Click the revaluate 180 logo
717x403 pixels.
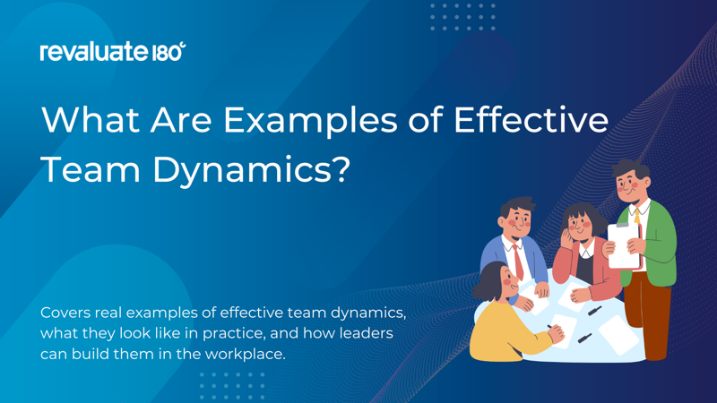point(113,51)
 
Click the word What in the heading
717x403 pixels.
point(91,120)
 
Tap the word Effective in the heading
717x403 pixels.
point(531,120)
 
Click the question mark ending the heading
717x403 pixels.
point(341,169)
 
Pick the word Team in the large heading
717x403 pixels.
point(91,169)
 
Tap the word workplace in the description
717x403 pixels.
point(245,355)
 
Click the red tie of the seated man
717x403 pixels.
point(518,262)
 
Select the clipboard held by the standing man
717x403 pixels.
point(624,244)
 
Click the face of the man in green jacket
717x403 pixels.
point(630,185)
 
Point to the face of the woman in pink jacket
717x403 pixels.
point(578,225)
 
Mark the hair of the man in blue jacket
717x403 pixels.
point(517,206)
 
